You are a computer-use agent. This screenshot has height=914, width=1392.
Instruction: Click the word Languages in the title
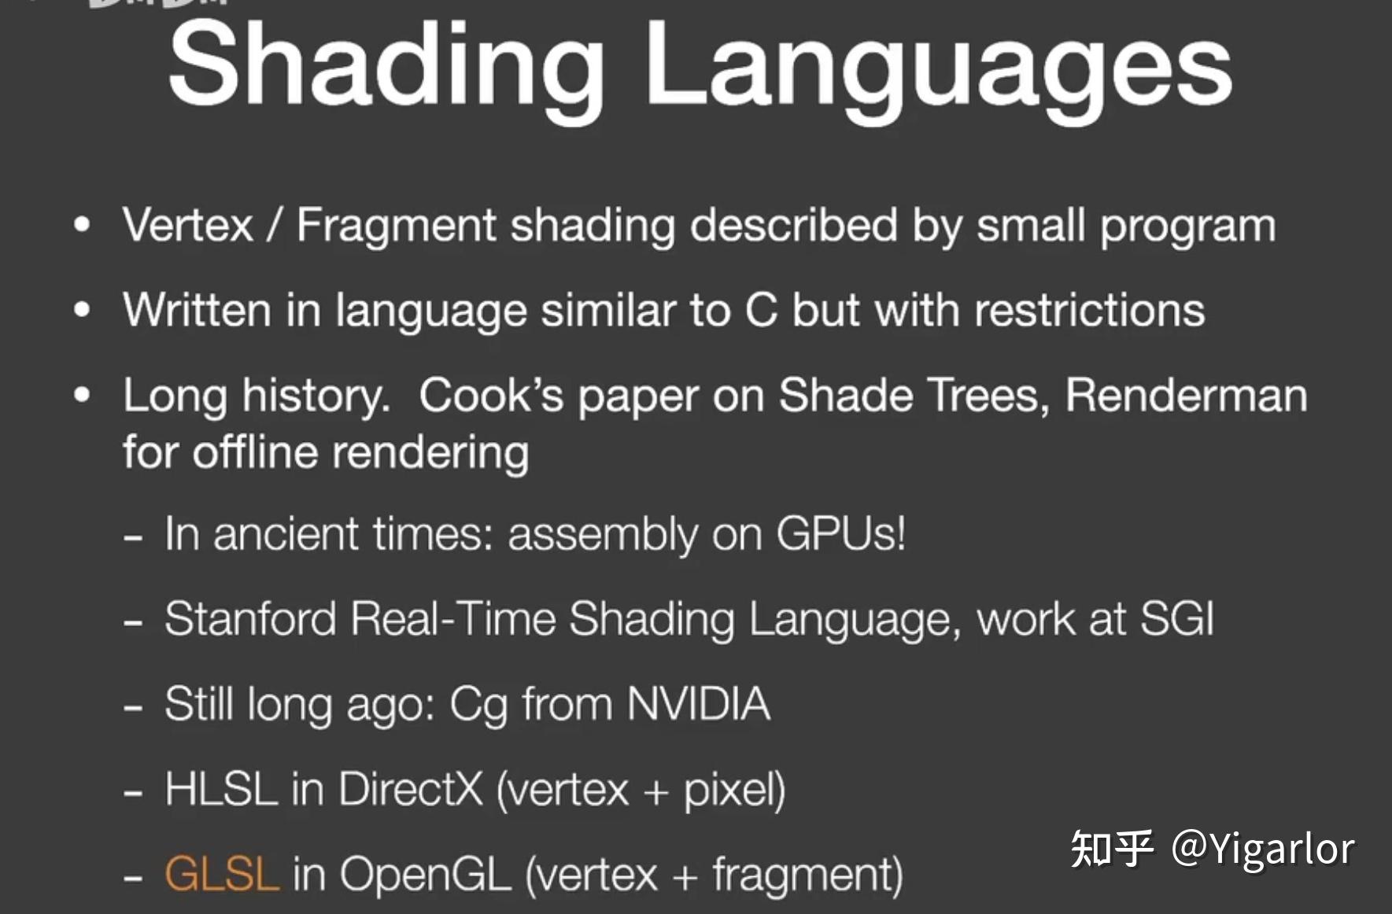pyautogui.click(x=939, y=69)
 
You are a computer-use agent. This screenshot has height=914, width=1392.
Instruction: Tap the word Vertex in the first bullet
pyautogui.click(x=188, y=225)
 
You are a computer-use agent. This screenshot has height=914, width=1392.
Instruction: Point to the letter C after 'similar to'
pyautogui.click(x=761, y=310)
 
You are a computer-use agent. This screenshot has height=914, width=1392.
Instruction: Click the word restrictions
pyautogui.click(x=1090, y=310)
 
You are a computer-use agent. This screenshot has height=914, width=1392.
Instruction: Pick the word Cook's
pyautogui.click(x=491, y=394)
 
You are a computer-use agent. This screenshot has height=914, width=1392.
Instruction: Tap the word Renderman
pyautogui.click(x=1186, y=394)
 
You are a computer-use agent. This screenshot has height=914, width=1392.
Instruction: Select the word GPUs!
pyautogui.click(x=840, y=534)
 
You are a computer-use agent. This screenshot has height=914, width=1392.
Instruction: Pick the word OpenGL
pyautogui.click(x=426, y=875)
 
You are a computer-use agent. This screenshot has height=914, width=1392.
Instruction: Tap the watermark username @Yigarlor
pyautogui.click(x=1263, y=850)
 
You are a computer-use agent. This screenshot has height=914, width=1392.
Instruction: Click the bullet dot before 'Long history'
pyautogui.click(x=82, y=394)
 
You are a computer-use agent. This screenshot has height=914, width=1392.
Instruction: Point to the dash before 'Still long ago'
pyautogui.click(x=133, y=707)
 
